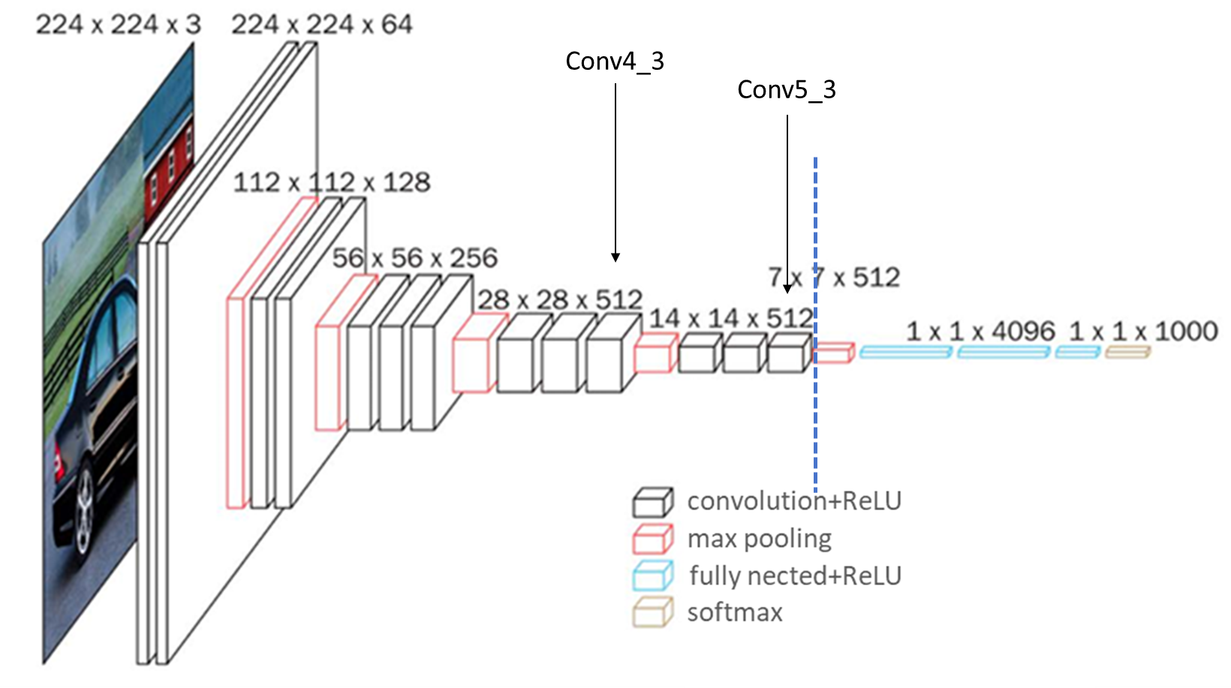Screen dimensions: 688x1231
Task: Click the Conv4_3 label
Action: coord(615,62)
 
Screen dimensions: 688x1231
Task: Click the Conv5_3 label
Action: coord(786,90)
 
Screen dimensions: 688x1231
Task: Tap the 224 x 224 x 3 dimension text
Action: coord(119,25)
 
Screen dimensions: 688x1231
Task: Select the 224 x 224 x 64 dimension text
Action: coord(321,25)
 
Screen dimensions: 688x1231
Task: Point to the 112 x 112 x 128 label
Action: coord(332,182)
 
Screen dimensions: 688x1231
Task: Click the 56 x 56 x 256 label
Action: coord(414,258)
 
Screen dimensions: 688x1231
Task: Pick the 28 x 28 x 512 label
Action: coord(560,300)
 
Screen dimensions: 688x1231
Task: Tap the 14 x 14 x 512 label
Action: coord(730,319)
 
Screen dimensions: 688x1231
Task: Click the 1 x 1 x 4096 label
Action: coord(980,331)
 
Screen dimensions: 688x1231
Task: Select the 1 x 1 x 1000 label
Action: coord(1142,331)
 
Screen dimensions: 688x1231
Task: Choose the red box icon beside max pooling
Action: coord(652,539)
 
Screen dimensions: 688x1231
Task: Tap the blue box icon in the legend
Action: coord(652,575)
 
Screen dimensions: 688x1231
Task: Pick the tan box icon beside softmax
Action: coord(652,611)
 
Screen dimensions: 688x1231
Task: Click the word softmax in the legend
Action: coord(734,612)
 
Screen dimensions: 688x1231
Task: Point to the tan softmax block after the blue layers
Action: coord(1127,351)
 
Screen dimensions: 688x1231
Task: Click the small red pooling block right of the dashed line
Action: coord(834,353)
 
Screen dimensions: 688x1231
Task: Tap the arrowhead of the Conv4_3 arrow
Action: coord(615,257)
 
